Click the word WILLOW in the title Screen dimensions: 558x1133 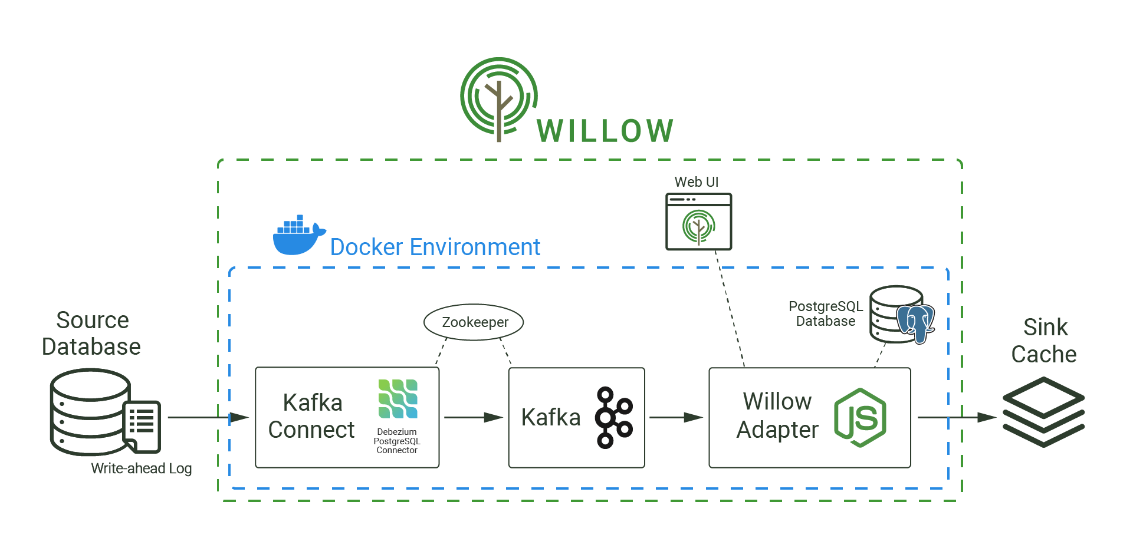[x=605, y=131]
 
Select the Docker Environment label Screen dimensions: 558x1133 [x=435, y=247]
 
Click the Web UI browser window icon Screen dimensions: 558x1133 [x=698, y=222]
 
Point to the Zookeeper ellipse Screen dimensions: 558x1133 [x=474, y=322]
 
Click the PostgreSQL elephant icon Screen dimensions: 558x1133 [x=916, y=323]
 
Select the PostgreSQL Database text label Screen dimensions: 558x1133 [x=825, y=313]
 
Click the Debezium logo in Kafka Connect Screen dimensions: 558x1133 [x=398, y=399]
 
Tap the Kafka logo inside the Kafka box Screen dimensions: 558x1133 [x=614, y=417]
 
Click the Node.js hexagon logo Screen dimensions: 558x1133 [x=861, y=417]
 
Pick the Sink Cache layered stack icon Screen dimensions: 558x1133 [x=1043, y=412]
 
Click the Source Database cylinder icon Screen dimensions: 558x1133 [x=90, y=411]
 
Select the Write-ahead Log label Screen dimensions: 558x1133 [x=141, y=468]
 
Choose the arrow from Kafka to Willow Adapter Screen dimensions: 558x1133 [x=676, y=417]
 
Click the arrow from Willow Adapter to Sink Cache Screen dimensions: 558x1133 [x=956, y=417]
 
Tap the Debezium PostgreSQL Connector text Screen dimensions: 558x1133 [x=397, y=441]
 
